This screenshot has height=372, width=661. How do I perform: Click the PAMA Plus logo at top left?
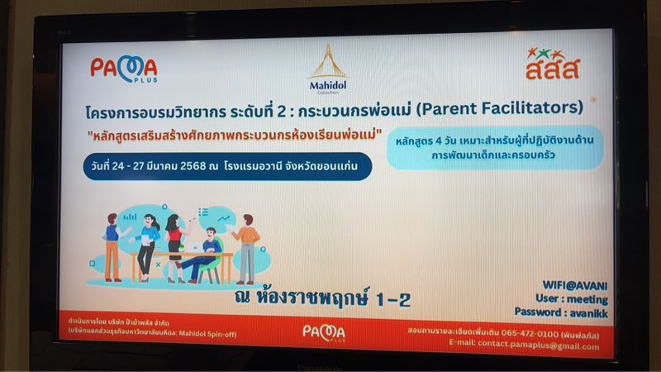[x=123, y=69]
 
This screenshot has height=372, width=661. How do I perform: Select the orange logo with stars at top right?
[x=553, y=64]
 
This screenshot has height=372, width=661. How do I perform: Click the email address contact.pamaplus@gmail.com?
[x=531, y=346]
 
